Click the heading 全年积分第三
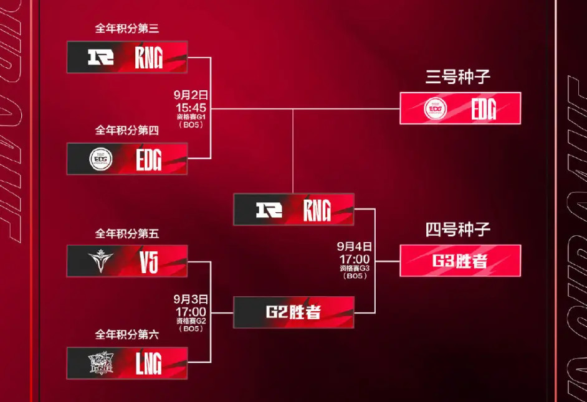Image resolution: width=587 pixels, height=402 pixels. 127,29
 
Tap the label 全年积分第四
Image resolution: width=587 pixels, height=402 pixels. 127,131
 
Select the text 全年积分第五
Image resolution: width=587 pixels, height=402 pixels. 127,234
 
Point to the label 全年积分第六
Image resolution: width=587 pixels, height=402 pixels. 127,335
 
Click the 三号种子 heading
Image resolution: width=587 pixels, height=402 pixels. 459,77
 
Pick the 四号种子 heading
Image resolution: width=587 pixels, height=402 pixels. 459,230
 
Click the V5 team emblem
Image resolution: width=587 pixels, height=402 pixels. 100,261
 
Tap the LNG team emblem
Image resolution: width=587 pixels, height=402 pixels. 100,363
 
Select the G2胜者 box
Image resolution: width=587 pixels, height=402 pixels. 293,312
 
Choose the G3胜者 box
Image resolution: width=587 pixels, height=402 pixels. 460,261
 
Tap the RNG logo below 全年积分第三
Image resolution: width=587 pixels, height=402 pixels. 100,57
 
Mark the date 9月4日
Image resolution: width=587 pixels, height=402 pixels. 355,246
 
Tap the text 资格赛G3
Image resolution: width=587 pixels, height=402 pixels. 355,268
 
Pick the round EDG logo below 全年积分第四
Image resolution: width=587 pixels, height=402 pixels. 100,159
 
